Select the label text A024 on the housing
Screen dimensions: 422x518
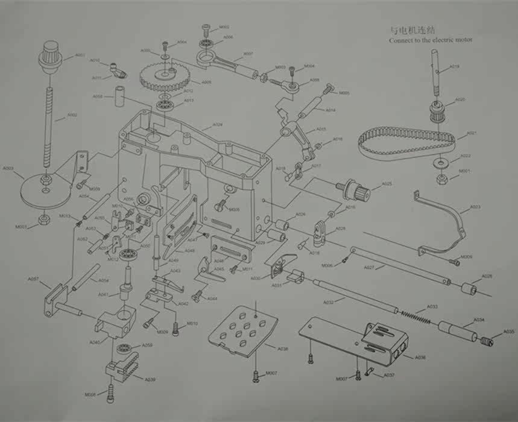point(218,125)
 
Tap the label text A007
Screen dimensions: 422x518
point(248,54)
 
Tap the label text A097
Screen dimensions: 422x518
point(34,279)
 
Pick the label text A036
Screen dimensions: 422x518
point(420,357)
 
